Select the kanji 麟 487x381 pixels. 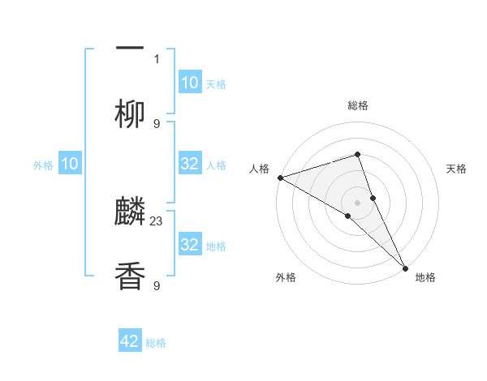tap(130, 212)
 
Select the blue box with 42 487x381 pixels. tap(130, 341)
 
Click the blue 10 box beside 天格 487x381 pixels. tap(189, 83)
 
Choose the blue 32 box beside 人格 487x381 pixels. tap(189, 164)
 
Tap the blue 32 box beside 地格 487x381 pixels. tap(189, 245)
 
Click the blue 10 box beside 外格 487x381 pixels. tap(70, 164)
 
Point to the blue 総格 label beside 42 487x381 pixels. tap(156, 343)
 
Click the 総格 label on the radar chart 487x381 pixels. tap(357, 105)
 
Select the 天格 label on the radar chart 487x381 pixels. tap(456, 169)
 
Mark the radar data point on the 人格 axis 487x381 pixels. tap(279, 177)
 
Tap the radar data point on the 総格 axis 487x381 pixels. tap(357, 154)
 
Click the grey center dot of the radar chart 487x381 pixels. tap(357, 202)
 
